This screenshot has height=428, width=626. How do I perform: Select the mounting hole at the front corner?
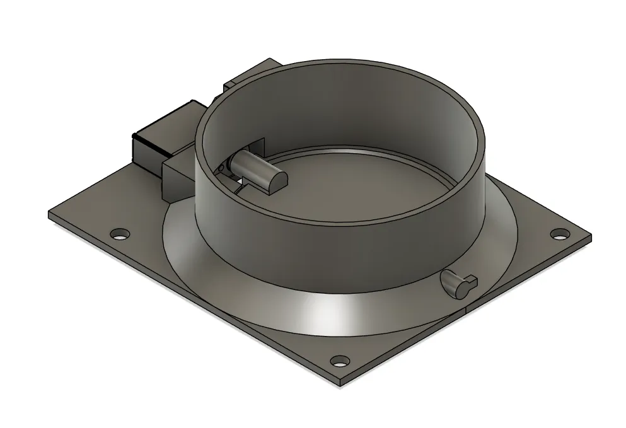(340, 362)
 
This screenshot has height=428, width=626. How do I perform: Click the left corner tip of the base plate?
(50, 216)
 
